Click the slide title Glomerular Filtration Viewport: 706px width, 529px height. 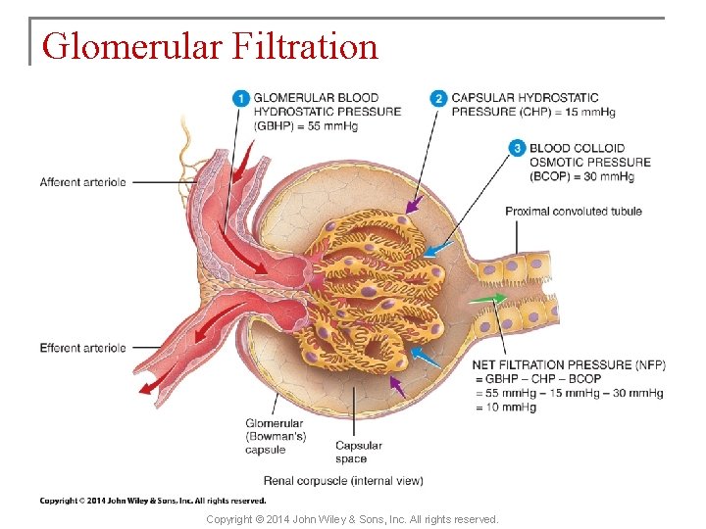[x=210, y=46]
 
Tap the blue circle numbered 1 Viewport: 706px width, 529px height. [x=241, y=98]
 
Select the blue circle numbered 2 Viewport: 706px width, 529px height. [x=438, y=98]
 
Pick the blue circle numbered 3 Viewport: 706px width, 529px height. [x=517, y=148]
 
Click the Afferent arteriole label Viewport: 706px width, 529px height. [x=83, y=182]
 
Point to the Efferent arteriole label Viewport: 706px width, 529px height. [x=83, y=348]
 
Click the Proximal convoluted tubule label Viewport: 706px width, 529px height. [x=574, y=211]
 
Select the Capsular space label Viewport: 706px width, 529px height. [x=358, y=452]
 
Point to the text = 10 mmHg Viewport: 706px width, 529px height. [x=506, y=408]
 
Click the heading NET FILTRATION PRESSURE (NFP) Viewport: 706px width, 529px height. [x=569, y=365]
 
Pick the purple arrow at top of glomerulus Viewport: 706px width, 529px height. [x=415, y=205]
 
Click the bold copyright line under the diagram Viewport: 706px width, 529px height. [x=152, y=501]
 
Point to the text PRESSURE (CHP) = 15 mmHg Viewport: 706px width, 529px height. [x=533, y=112]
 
